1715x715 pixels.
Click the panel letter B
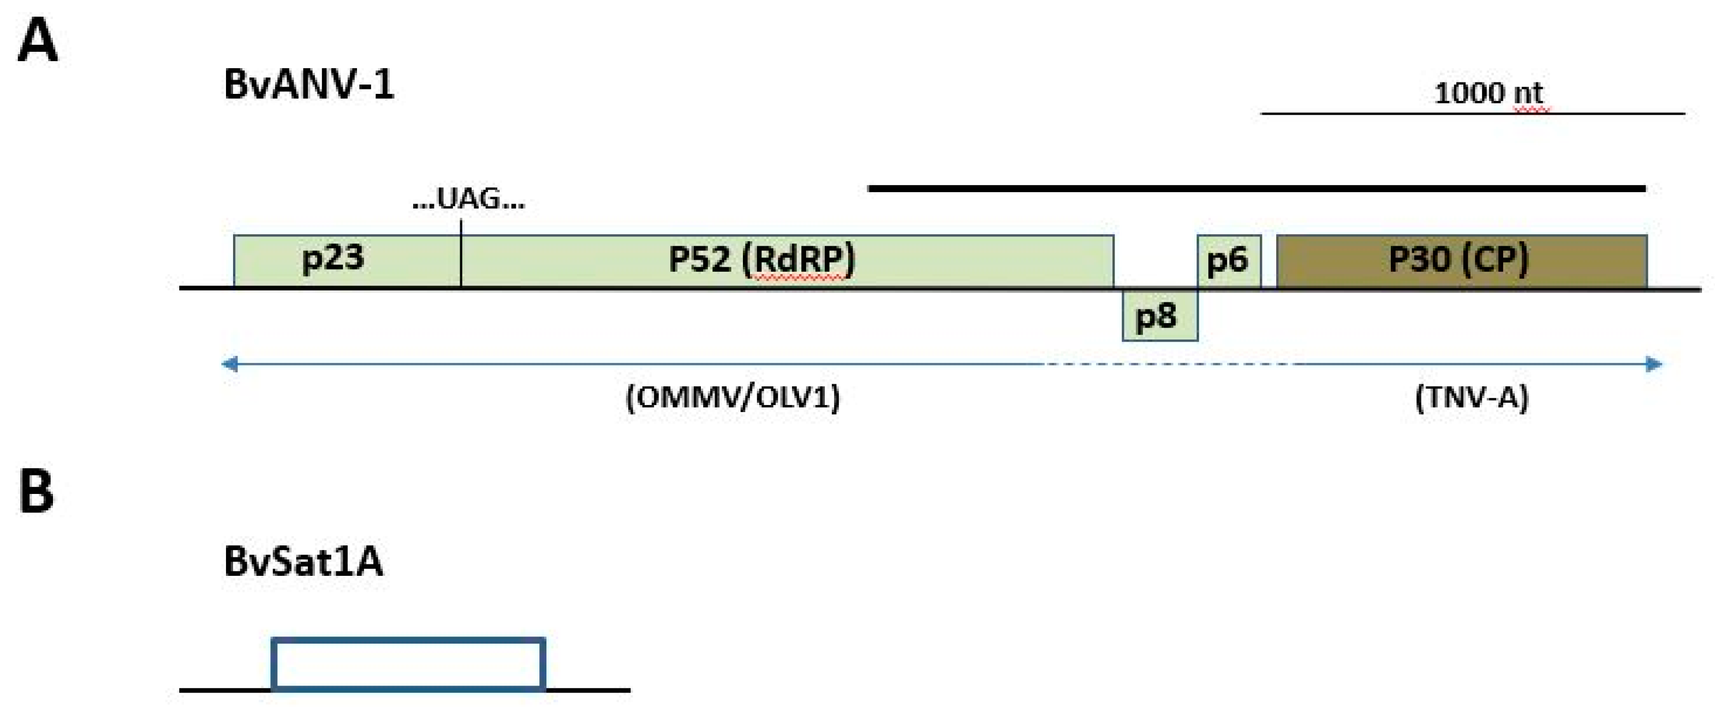[36, 491]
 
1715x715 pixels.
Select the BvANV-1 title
[309, 85]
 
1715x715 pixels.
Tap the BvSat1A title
[303, 561]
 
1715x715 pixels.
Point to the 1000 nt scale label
[1488, 93]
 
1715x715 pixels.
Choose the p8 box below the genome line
[1160, 315]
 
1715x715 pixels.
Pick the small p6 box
[1228, 261]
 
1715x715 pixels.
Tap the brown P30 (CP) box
[1461, 261]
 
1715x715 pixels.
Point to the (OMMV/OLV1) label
[733, 398]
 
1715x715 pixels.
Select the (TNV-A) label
[1472, 398]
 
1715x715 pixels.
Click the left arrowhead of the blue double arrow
[230, 364]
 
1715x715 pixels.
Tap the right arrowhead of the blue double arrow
[1654, 364]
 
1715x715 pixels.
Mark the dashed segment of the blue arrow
[1172, 364]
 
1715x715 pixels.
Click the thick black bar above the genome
[1257, 189]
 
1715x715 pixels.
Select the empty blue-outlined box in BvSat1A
[409, 664]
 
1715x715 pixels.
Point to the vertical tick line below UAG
[461, 253]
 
